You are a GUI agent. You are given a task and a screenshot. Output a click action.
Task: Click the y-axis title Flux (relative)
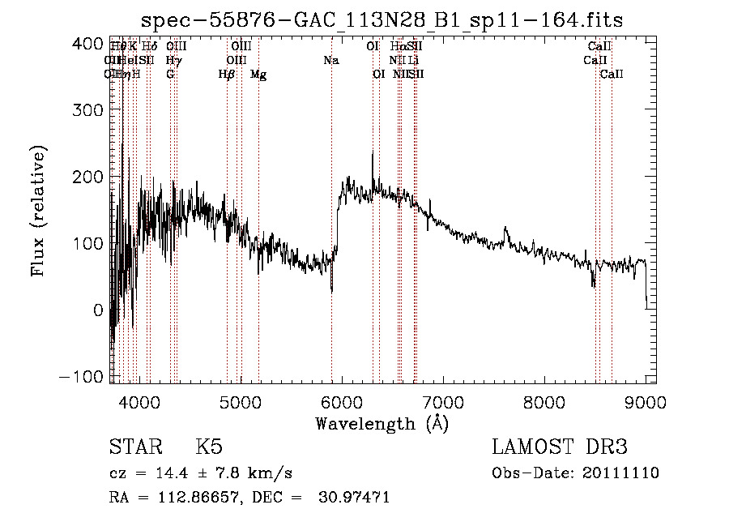(x=39, y=210)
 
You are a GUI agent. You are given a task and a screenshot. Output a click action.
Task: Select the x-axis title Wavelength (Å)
(x=382, y=423)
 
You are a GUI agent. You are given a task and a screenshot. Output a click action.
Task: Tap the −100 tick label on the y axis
(x=83, y=376)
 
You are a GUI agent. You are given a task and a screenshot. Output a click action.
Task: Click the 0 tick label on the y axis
(x=99, y=310)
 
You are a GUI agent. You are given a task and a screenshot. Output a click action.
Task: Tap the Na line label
(x=330, y=60)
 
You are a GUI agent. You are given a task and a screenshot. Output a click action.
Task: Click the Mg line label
(x=258, y=75)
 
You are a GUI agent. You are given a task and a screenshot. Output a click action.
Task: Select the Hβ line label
(x=227, y=75)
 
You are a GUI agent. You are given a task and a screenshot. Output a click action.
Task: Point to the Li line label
(x=413, y=60)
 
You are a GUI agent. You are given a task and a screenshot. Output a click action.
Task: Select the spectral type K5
(x=209, y=447)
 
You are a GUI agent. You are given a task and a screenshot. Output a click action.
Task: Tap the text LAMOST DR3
(x=559, y=447)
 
